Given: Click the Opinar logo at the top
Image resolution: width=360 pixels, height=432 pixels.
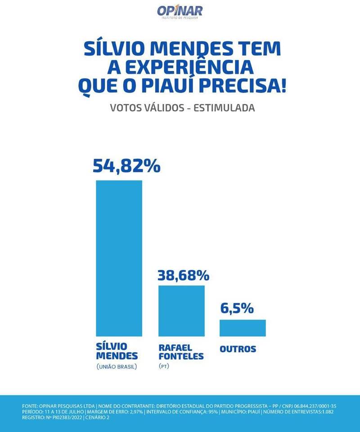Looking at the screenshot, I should coord(180,11).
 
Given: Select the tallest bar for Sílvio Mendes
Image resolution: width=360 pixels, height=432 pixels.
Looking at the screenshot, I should coord(119,258).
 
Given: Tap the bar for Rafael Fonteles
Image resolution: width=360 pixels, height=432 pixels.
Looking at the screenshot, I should coord(181,311).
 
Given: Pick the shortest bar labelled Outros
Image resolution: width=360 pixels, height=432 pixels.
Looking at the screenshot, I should coord(243,328).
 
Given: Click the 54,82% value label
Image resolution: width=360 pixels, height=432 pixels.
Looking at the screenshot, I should coord(126,166).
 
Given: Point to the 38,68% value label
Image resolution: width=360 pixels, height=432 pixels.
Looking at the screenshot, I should coord(183,274).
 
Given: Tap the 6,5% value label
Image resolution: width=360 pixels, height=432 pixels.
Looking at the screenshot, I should coord(237,308).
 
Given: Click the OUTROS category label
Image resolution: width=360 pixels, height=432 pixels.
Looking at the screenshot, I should coord(238,349).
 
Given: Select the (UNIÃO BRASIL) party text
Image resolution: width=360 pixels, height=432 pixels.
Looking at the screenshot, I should coord(117,367).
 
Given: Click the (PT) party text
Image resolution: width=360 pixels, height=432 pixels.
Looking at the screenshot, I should coord(164,367).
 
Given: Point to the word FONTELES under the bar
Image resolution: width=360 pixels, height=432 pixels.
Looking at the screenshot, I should coord(181,356).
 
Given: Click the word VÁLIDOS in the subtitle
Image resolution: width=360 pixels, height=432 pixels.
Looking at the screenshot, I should coord(165,108).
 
